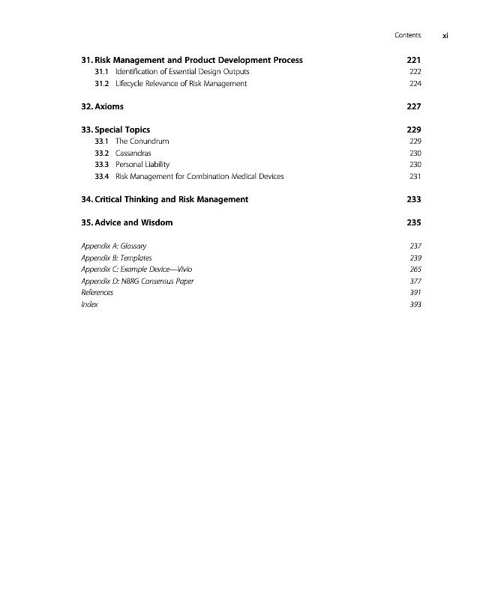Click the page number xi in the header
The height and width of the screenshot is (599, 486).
[445, 35]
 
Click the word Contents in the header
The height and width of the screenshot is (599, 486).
[407, 35]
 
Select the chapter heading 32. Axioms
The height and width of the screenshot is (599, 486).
[102, 106]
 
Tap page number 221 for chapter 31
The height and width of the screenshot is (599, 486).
[413, 60]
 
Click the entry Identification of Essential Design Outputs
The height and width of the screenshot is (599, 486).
[182, 72]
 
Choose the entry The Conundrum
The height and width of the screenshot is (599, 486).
[142, 141]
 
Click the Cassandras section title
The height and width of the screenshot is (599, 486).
[133, 153]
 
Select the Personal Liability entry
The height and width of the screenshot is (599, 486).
[142, 164]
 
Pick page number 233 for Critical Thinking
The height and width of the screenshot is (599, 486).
[413, 199]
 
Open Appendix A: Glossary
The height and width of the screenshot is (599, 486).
[113, 246]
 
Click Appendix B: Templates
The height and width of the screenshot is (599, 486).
[115, 258]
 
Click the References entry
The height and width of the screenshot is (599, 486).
[97, 292]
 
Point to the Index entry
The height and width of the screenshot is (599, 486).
[89, 304]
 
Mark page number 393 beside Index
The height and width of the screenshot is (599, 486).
[415, 304]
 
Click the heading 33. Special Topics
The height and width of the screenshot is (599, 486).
[115, 130]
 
